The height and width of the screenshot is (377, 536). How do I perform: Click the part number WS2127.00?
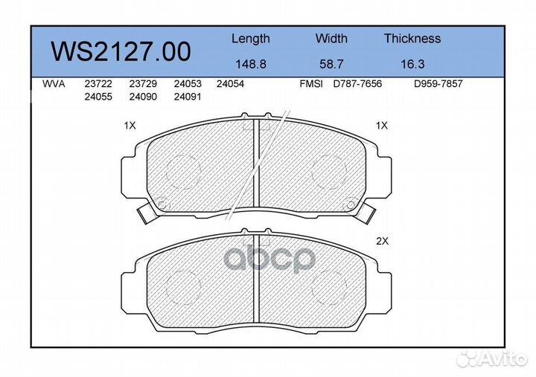pyautogui.click(x=121, y=51)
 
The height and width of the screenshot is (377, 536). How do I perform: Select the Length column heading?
pyautogui.click(x=251, y=39)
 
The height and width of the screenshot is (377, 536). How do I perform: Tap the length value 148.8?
pyautogui.click(x=251, y=64)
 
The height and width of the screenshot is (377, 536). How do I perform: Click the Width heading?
pyautogui.click(x=331, y=38)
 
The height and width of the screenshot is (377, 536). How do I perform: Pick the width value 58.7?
pyautogui.click(x=331, y=64)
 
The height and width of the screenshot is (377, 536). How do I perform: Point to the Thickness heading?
pyautogui.click(x=412, y=38)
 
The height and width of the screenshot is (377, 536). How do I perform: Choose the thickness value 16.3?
pyautogui.click(x=412, y=64)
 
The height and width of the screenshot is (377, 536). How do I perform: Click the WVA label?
pyautogui.click(x=54, y=84)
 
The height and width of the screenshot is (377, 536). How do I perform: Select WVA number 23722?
pyautogui.click(x=98, y=84)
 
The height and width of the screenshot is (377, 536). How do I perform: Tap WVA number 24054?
pyautogui.click(x=230, y=84)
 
